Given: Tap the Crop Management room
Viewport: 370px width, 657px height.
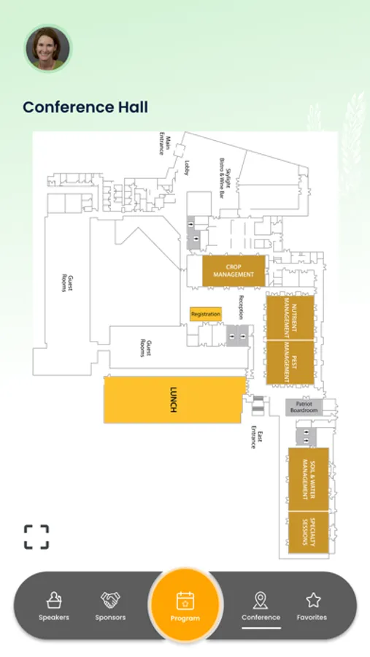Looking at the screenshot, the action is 234,271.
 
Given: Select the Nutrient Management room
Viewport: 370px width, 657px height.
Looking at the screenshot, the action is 290,318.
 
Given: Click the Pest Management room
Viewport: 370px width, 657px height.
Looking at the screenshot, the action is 290,362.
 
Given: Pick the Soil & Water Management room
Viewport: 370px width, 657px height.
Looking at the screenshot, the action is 309,479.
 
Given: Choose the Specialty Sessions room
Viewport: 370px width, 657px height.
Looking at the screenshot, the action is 309,532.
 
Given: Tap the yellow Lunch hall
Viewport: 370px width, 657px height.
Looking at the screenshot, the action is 174,400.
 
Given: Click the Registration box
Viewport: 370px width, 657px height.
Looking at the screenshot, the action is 206,314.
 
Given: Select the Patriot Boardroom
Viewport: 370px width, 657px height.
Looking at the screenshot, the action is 304,407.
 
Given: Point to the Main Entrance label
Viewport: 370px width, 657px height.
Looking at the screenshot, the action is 165,144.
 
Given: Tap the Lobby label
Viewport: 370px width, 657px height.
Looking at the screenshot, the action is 187,168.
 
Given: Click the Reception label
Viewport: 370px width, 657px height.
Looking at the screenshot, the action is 241,307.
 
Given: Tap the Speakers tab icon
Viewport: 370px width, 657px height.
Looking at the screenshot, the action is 54,600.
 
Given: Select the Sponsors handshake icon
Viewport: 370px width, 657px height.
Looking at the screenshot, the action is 110,600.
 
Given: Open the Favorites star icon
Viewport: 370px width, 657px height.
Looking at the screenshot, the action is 313,600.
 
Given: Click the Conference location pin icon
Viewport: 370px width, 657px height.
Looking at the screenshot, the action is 261,601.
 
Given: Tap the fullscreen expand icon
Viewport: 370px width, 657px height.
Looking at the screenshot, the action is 36,537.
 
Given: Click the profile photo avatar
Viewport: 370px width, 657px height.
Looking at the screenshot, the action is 47,48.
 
